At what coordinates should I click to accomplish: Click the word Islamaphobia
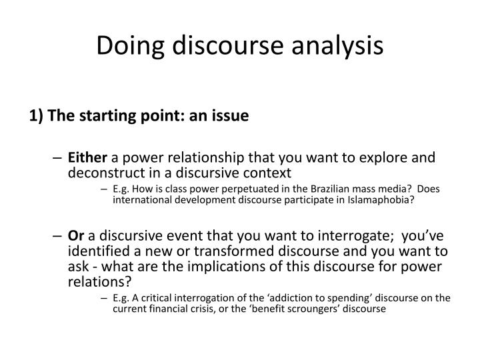(385, 200)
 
